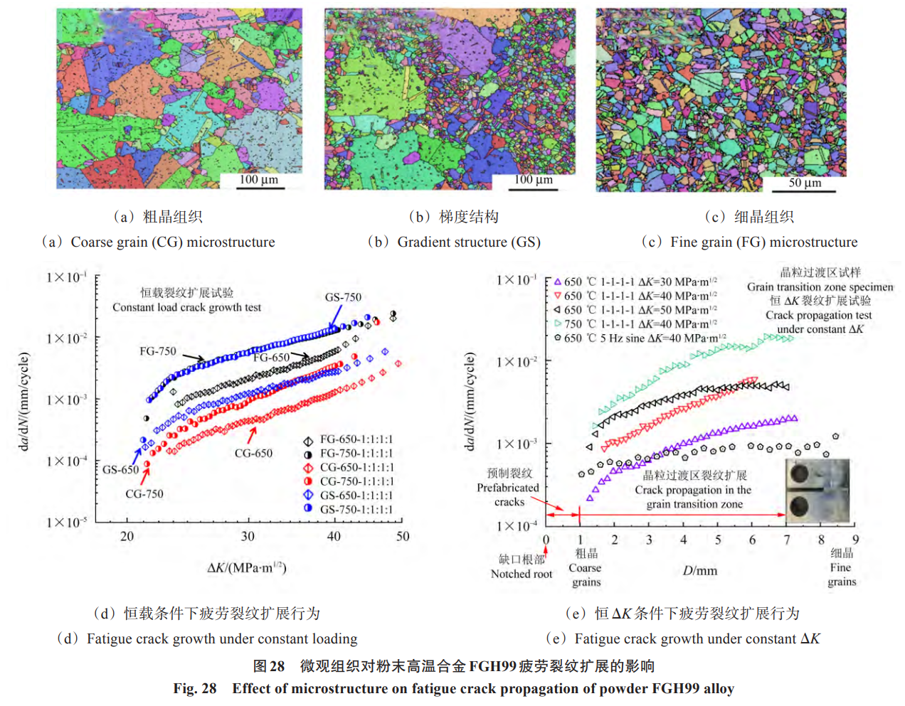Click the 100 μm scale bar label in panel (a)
[x=259, y=179]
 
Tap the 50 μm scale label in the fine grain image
[x=805, y=183]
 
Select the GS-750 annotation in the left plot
[x=343, y=297]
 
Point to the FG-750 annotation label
[x=157, y=351]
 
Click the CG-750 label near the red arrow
[x=144, y=493]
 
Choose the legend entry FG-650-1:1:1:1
[x=356, y=439]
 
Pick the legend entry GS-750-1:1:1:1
[x=356, y=509]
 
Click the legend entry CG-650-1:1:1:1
[x=356, y=467]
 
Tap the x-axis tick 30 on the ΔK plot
[x=248, y=536]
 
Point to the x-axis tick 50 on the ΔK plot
[x=403, y=536]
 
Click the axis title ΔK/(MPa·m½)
[x=246, y=567]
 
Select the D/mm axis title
[x=700, y=570]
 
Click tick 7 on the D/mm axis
[x=787, y=540]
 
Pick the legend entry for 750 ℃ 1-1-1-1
[x=640, y=324]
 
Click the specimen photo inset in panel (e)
[x=817, y=491]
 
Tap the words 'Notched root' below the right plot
[x=522, y=574]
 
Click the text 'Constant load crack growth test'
[x=186, y=307]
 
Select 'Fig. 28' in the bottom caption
[x=195, y=688]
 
